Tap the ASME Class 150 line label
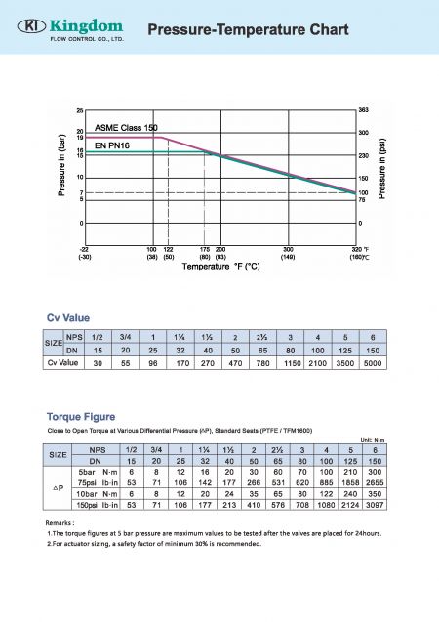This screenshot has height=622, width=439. coord(126,129)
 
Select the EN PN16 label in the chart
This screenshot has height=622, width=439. coord(113,145)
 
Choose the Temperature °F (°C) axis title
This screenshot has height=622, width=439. coord(220,266)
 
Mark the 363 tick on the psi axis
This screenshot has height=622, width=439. coord(363,110)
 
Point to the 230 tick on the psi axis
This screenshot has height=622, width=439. coord(363,155)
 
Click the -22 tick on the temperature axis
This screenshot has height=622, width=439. coord(85,249)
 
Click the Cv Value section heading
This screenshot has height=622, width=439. coord(69,317)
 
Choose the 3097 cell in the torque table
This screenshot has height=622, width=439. coord(373,506)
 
